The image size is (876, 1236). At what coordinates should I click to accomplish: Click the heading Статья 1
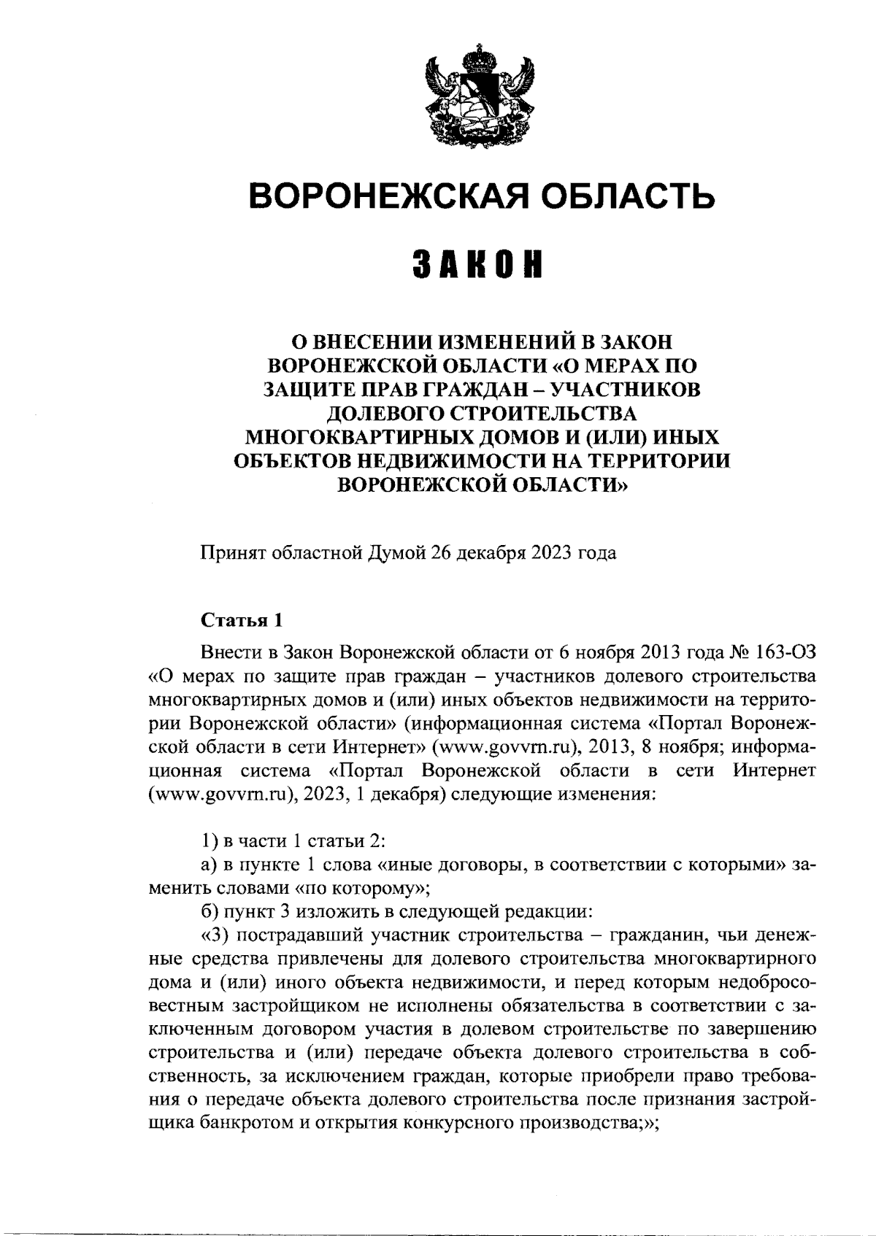242,621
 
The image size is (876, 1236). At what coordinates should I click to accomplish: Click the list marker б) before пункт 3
210,912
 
